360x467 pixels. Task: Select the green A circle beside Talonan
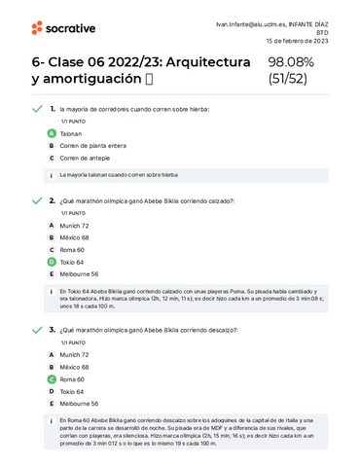tap(51, 131)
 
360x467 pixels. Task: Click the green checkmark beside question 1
tap(36, 109)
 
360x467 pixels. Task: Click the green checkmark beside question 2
tap(36, 200)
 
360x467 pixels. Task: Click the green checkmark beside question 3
tap(36, 330)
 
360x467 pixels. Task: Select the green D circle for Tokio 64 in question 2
tap(51, 262)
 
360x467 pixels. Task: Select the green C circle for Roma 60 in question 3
tap(51, 378)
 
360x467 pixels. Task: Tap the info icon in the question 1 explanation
tap(51, 175)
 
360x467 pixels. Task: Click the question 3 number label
tap(52, 330)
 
